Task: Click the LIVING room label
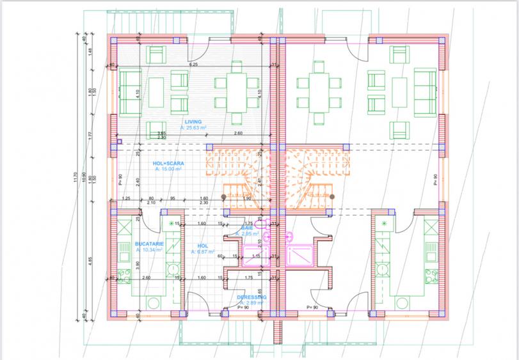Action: pos(193,121)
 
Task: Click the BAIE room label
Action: pos(246,228)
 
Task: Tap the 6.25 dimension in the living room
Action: pos(193,65)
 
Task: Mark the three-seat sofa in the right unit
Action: pos(424,90)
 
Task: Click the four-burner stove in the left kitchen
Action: pos(171,269)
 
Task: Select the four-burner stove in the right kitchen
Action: pos(384,269)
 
